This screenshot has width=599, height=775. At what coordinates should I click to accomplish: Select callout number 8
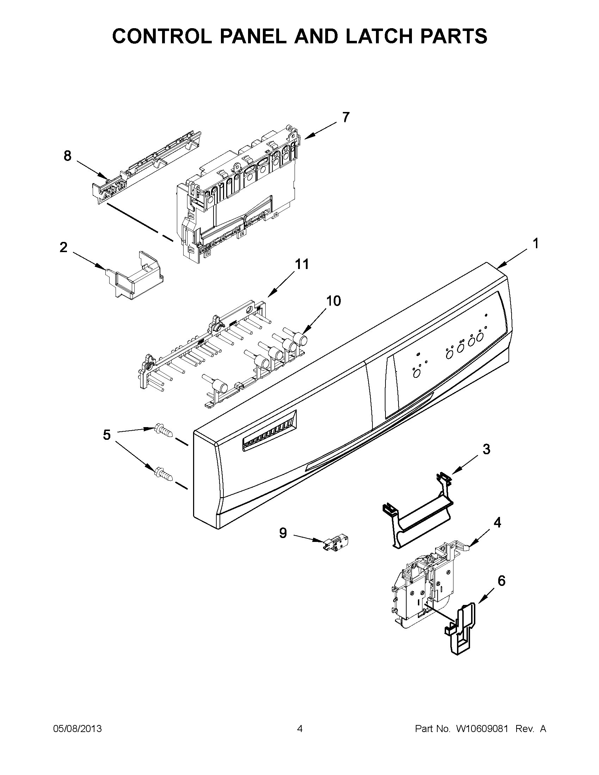point(67,156)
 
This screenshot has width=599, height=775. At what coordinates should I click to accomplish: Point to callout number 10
point(333,301)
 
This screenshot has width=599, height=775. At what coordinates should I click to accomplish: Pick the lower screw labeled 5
point(163,474)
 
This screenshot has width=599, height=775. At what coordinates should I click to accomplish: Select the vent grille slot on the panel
point(270,431)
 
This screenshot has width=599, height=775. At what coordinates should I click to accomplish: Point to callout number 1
point(536,244)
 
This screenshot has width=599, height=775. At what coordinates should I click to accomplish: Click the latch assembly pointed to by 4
point(422,582)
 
